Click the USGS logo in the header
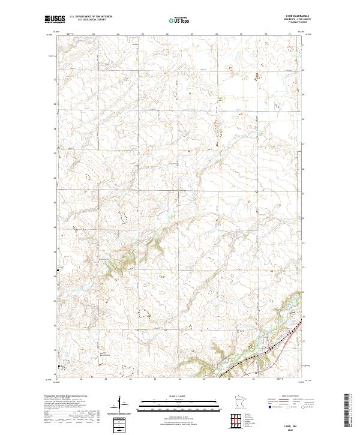55,20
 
